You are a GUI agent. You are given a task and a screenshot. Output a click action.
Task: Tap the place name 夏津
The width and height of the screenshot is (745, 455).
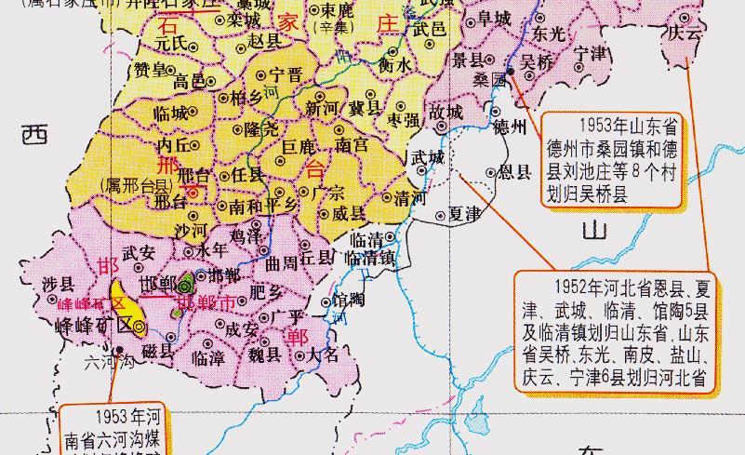coord(464,214)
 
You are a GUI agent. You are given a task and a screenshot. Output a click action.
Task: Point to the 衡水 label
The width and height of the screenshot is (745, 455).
coord(394,65)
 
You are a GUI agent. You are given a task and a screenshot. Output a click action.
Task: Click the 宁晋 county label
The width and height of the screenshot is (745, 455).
coord(285,74)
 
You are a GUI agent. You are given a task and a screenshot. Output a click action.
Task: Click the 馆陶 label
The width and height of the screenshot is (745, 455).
coord(350,300)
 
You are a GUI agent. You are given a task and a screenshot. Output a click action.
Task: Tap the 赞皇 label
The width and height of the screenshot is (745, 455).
coord(151,70)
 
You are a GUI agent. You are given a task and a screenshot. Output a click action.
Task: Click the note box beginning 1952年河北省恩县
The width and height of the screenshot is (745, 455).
coord(613,329)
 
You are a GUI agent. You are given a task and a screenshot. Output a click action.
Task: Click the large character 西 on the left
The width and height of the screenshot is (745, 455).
coord(33,135)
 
